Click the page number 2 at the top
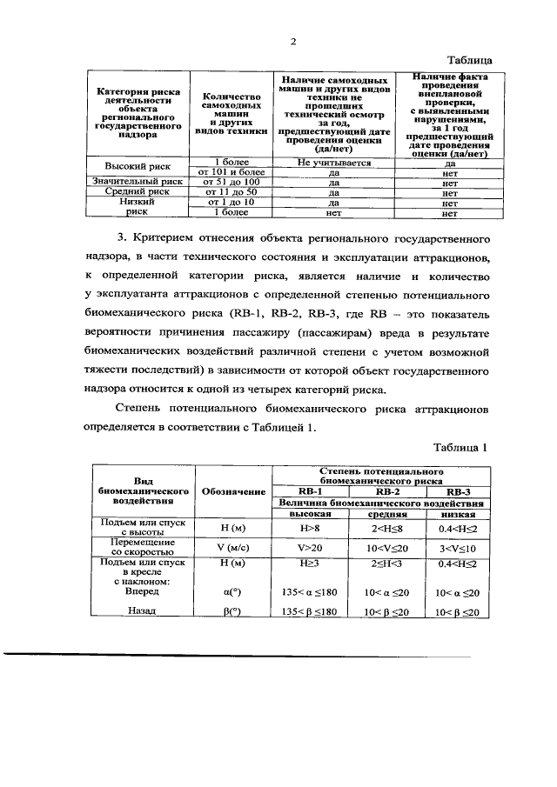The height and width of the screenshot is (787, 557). tap(293, 41)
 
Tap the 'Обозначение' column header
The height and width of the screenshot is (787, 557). tap(233, 491)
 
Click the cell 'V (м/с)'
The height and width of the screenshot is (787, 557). tap(233, 549)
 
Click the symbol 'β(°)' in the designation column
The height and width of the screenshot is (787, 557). tap(233, 611)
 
